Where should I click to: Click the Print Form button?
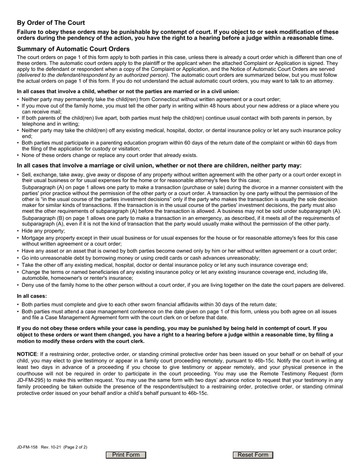coord(126,455)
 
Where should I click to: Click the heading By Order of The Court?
coord(51,23)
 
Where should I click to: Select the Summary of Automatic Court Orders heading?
coord(73,49)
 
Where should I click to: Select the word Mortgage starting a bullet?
coord(34,238)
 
